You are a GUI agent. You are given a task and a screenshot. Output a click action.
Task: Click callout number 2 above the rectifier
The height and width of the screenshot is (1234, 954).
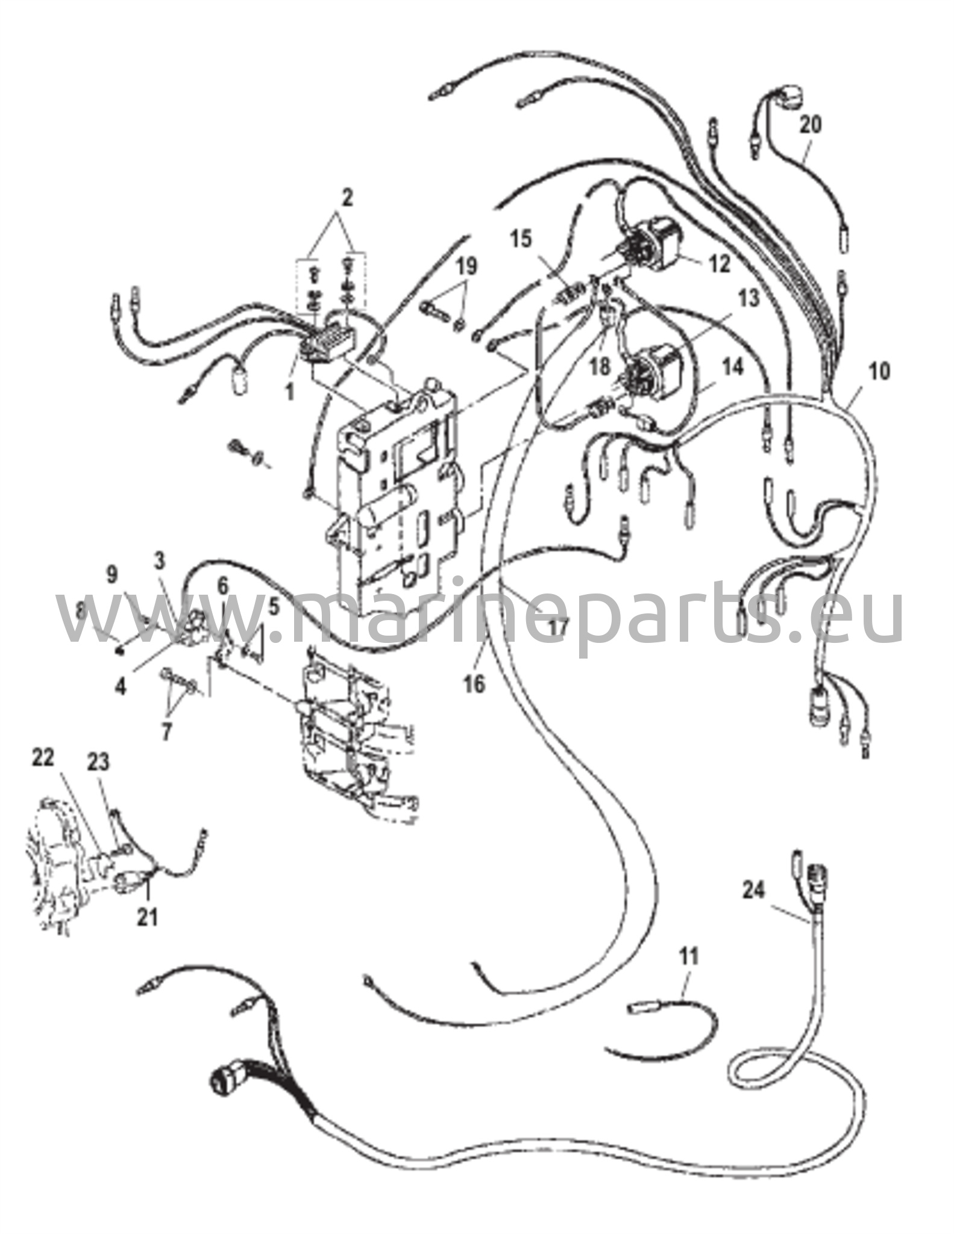coord(348,198)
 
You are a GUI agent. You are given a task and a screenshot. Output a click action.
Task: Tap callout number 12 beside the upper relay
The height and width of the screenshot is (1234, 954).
coord(719,263)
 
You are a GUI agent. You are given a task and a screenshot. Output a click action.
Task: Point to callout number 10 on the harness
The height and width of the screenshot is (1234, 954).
coord(879,371)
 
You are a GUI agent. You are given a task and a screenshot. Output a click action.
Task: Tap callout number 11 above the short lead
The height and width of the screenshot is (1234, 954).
coord(689,954)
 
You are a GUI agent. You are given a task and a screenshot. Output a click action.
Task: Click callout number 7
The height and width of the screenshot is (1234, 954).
coord(166,731)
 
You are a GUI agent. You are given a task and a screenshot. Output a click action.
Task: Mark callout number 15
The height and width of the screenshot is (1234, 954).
coord(521,239)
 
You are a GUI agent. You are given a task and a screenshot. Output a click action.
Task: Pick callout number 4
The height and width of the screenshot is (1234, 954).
coord(121,686)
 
